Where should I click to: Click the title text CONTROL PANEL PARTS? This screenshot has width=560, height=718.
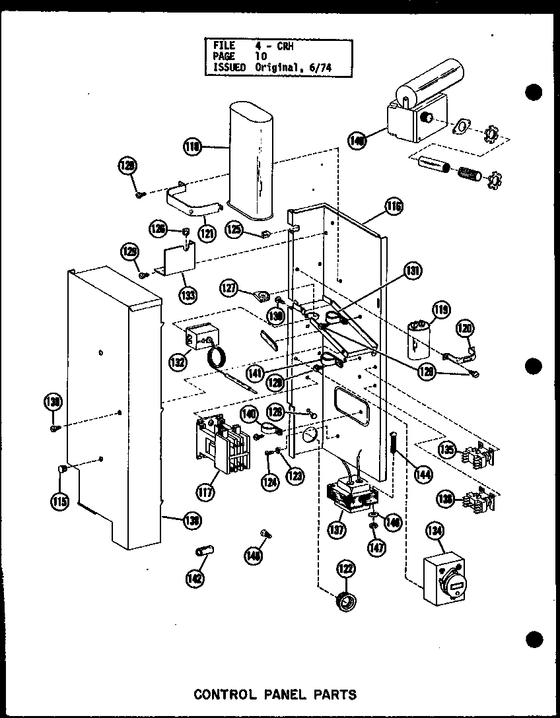click(x=275, y=694)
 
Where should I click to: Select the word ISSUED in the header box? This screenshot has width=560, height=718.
click(x=229, y=67)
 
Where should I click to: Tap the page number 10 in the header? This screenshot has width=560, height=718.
click(x=261, y=56)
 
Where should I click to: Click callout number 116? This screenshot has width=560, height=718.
click(x=394, y=207)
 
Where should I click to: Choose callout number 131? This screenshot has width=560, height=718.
click(x=413, y=271)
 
